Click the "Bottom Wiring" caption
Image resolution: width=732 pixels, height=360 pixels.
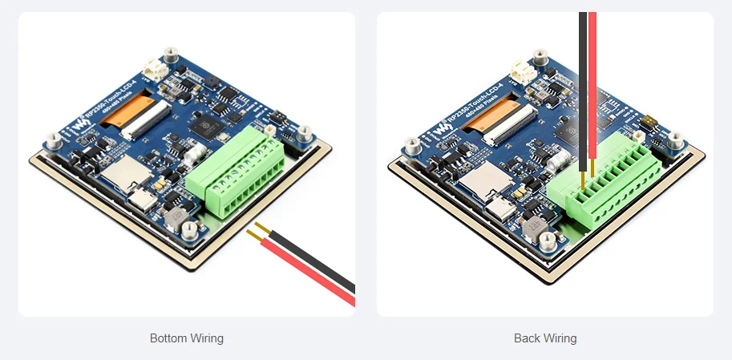(x=187, y=338)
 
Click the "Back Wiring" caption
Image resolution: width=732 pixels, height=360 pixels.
(x=545, y=338)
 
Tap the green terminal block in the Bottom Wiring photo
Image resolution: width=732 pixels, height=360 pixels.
(x=237, y=175)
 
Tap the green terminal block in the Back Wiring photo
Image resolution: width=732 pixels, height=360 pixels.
(x=607, y=180)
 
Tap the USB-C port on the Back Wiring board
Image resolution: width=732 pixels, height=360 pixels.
(x=505, y=209)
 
